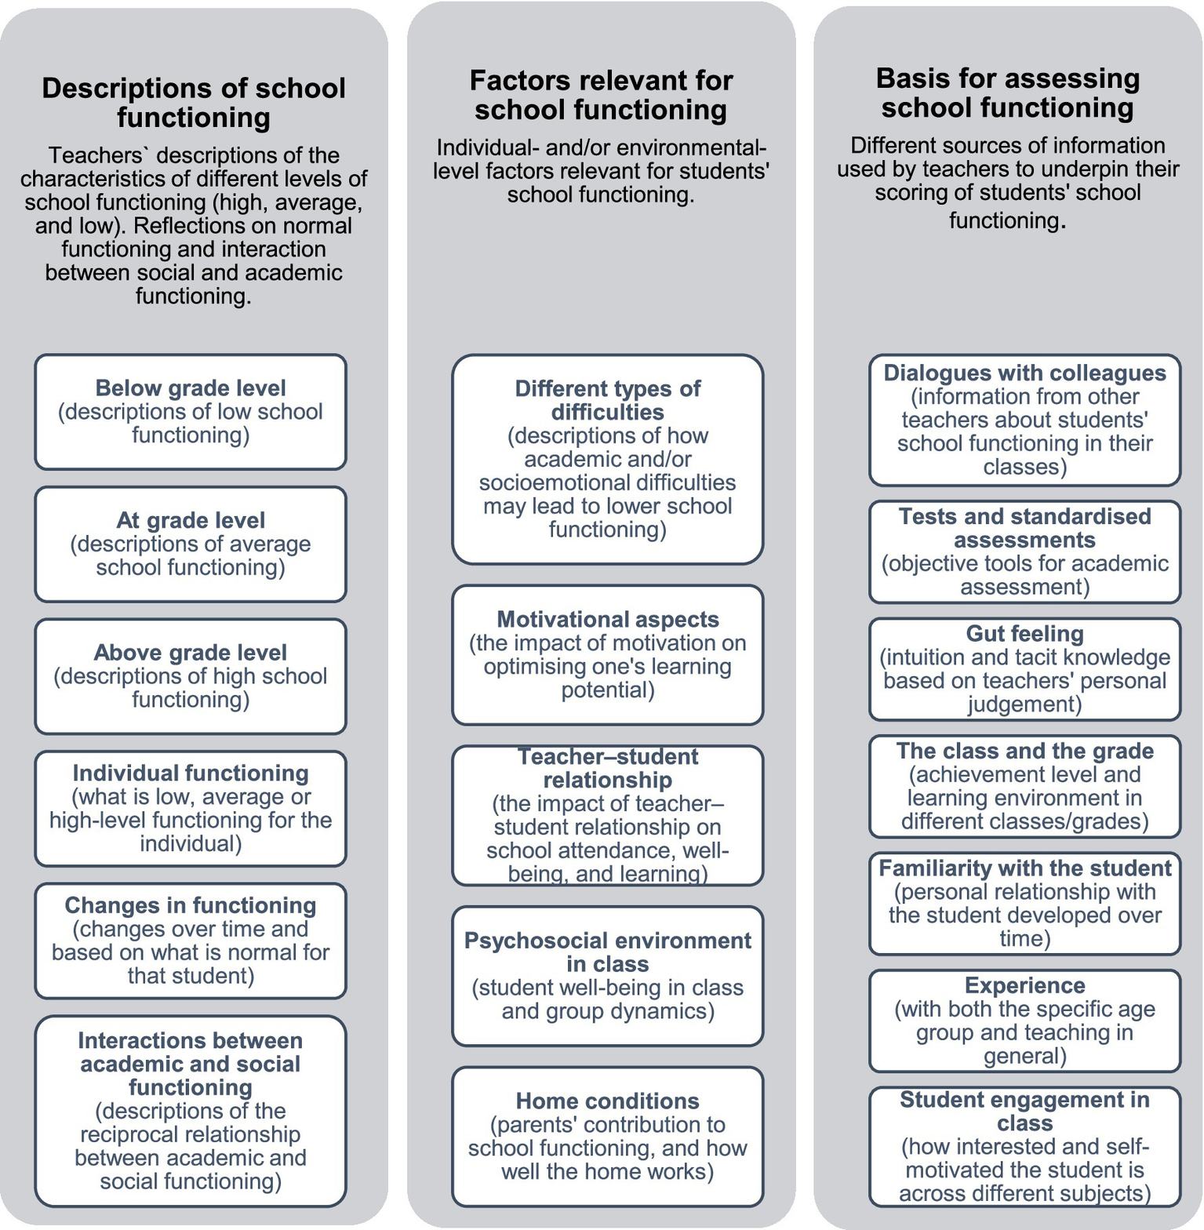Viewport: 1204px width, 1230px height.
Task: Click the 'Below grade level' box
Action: (191, 412)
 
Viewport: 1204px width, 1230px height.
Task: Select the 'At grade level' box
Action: (191, 544)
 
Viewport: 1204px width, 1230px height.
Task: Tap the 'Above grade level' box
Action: (191, 676)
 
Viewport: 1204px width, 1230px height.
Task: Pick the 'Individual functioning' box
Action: (191, 809)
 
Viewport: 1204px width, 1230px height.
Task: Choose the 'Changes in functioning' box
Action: (191, 941)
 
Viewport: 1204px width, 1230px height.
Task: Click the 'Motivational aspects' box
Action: (608, 655)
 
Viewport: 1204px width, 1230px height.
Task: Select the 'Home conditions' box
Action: (608, 1137)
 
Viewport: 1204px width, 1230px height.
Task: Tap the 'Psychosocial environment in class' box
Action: (608, 976)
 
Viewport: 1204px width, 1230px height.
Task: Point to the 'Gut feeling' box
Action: (1024, 669)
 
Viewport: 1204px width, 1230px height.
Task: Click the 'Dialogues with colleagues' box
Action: (1024, 420)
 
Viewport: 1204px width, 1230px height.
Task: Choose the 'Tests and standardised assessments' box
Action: (1024, 552)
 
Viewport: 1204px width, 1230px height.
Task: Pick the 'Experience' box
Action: (1024, 1021)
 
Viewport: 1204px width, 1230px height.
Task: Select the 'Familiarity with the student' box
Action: (1024, 904)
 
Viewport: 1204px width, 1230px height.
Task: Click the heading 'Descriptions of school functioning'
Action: (194, 102)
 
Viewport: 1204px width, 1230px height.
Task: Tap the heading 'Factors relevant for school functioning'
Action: (601, 95)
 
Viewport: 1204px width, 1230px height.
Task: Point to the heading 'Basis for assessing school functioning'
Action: (1008, 93)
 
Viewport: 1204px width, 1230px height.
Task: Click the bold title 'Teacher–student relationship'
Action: (608, 768)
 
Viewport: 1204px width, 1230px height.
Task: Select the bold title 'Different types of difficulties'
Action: (608, 400)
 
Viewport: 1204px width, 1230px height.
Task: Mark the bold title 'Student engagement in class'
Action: (1024, 1111)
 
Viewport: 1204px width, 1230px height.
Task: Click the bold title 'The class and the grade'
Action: (1024, 751)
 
